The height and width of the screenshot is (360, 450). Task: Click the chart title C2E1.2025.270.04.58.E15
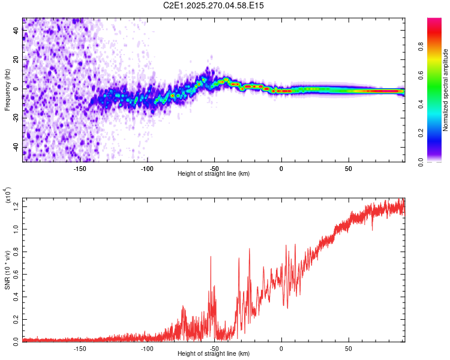pyautogui.click(x=214, y=5)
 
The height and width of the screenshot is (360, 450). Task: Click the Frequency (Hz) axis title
pyautogui.click(x=8, y=90)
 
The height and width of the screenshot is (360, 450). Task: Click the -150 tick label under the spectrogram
pyautogui.click(x=79, y=168)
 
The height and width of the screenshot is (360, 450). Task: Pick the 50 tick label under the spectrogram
pyautogui.click(x=348, y=168)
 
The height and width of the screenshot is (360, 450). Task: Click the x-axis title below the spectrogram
pyautogui.click(x=214, y=174)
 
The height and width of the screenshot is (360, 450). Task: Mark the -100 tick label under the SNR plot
pyautogui.click(x=147, y=348)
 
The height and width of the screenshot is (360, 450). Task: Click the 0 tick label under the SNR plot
pyautogui.click(x=281, y=348)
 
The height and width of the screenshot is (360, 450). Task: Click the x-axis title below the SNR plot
pyautogui.click(x=214, y=354)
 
